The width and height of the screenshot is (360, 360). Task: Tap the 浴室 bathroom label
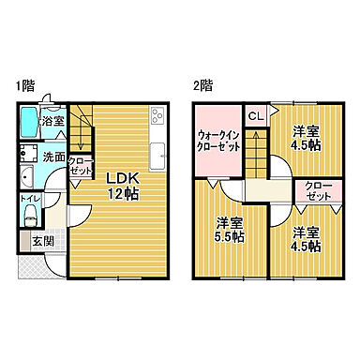point(52,121)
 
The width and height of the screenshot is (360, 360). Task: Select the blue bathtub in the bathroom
point(26,122)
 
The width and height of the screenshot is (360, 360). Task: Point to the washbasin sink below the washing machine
point(24,179)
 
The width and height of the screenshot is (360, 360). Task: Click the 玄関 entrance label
point(42,241)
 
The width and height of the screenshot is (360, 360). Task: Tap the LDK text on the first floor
point(119,177)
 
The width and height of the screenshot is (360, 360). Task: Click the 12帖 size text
point(119,194)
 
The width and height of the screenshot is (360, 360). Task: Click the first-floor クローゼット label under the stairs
point(81,166)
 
